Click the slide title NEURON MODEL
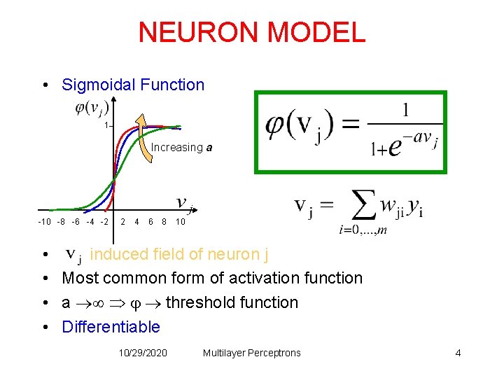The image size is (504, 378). pos(251,32)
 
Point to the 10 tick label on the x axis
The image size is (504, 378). pos(180,222)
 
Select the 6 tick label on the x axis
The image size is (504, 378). pos(150,222)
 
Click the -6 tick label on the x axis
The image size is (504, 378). pos(76,222)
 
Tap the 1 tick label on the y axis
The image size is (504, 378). pos(106,125)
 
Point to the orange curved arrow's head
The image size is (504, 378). pos(140,120)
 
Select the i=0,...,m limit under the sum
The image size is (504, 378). pos(363,230)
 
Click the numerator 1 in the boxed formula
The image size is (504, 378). pos(406,111)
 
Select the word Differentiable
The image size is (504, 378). pos(111,327)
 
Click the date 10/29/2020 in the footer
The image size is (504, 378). pos(143,353)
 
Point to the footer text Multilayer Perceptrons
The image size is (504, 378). pos(251,353)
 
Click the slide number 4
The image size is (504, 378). pos(458,353)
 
